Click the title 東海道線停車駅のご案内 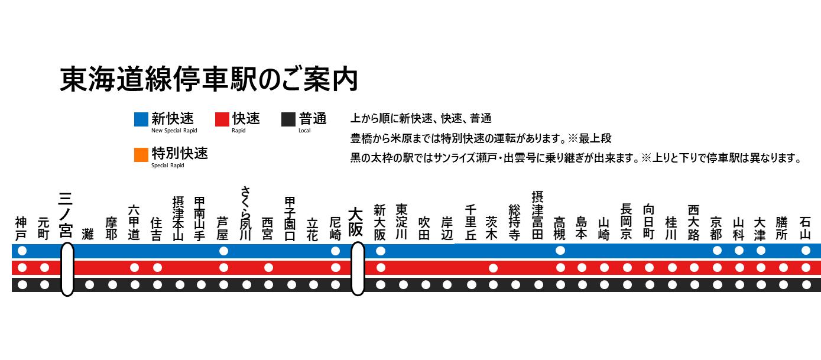pyautogui.click(x=209, y=79)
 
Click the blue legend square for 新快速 pyautogui.click(x=141, y=119)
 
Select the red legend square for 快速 pyautogui.click(x=222, y=119)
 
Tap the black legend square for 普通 pyautogui.click(x=288, y=119)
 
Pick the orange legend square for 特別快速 pyautogui.click(x=141, y=155)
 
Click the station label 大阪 pyautogui.click(x=356, y=222)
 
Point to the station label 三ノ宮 pyautogui.click(x=66, y=215)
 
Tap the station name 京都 pyautogui.click(x=716, y=228)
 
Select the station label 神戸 pyautogui.click(x=22, y=229)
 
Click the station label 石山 pyautogui.click(x=805, y=229)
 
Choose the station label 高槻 pyautogui.click(x=559, y=229)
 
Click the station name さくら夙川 pyautogui.click(x=245, y=214)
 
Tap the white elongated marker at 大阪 pyautogui.click(x=358, y=269)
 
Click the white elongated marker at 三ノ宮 pyautogui.click(x=67, y=269)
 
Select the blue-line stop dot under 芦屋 pyautogui.click(x=223, y=251)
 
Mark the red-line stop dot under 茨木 pyautogui.click(x=493, y=268)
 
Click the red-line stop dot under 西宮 pyautogui.click(x=268, y=268)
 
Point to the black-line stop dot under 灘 pyautogui.click(x=89, y=285)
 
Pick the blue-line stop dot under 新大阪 pyautogui.click(x=381, y=251)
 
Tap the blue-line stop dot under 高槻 pyautogui.click(x=560, y=251)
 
